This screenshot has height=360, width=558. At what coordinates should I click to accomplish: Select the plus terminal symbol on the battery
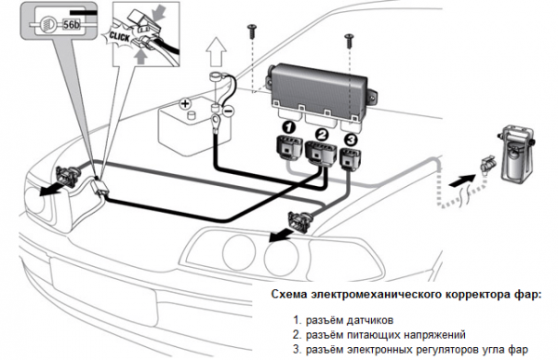click(x=185, y=103)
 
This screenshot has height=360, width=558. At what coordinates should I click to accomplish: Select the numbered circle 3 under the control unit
click(x=351, y=140)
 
